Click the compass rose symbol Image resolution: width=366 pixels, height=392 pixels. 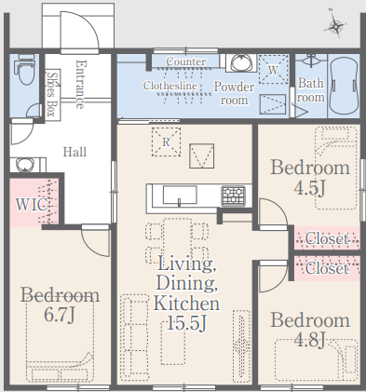click(335, 24)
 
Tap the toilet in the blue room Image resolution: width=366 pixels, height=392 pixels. click(26, 70)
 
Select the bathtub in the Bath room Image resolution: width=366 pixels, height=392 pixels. click(344, 85)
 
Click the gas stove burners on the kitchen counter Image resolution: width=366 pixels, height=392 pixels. click(234, 196)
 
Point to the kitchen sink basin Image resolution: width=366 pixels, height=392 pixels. click(180, 195)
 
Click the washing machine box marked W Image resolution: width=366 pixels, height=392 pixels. click(273, 69)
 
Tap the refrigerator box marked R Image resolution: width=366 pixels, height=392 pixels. click(166, 142)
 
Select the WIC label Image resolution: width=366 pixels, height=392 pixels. click(32, 205)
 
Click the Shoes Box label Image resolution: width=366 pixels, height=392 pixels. click(52, 94)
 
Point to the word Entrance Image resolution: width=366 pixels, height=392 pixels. click(80, 85)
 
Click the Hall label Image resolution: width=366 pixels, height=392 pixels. click(75, 152)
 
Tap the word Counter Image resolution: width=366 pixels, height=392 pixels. click(185, 61)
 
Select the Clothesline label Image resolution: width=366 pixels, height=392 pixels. click(170, 86)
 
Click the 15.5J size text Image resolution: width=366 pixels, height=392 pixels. click(186, 323)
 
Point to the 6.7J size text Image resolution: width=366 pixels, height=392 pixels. click(60, 315)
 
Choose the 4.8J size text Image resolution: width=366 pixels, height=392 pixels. click(309, 339)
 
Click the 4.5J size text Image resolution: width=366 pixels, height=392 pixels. click(309, 187)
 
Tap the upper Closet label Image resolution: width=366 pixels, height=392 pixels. click(327, 238)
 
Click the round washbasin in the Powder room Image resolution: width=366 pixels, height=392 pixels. click(241, 63)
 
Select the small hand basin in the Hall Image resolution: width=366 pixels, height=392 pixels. click(25, 165)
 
